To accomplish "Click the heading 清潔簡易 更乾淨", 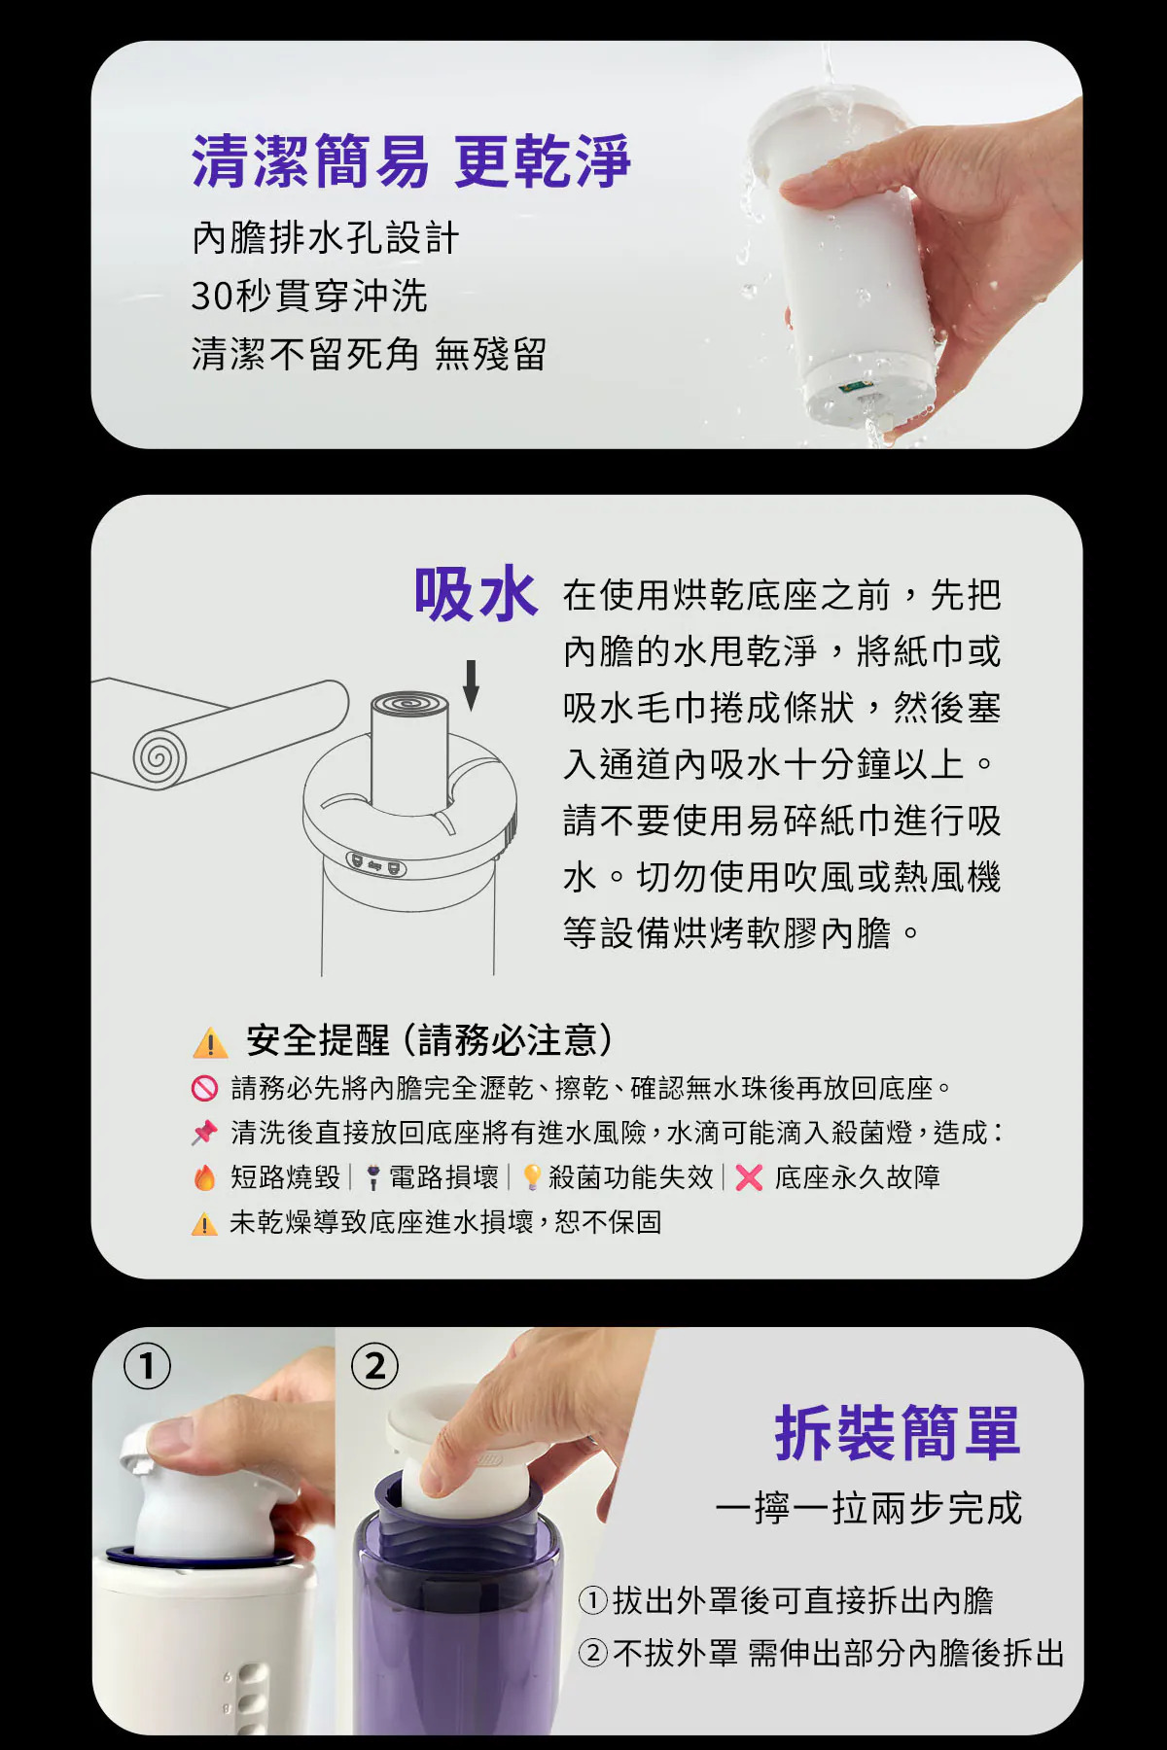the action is (x=411, y=161).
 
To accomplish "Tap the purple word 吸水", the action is (x=476, y=594).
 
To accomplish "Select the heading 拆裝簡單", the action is (x=898, y=1433).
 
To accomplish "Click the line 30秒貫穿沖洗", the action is (x=309, y=296).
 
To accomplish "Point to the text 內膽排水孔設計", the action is (x=325, y=238).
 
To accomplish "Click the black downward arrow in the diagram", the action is (x=472, y=685).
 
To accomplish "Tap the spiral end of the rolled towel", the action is (x=159, y=756).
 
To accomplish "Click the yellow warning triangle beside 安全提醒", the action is (x=210, y=1042).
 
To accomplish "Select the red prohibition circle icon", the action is (x=204, y=1088).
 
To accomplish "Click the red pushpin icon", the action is (x=204, y=1133).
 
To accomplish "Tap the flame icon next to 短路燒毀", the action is (x=204, y=1177).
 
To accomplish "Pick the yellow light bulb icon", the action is (x=532, y=1177).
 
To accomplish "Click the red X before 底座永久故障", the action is (x=749, y=1178).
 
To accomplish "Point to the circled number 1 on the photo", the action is (x=147, y=1367).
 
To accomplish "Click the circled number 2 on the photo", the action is (x=375, y=1367).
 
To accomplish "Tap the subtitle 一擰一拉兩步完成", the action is (x=868, y=1508).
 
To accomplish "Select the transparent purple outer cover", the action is (x=457, y=1604).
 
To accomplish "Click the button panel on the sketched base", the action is (x=377, y=864).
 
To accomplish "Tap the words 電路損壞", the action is (x=443, y=1177).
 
